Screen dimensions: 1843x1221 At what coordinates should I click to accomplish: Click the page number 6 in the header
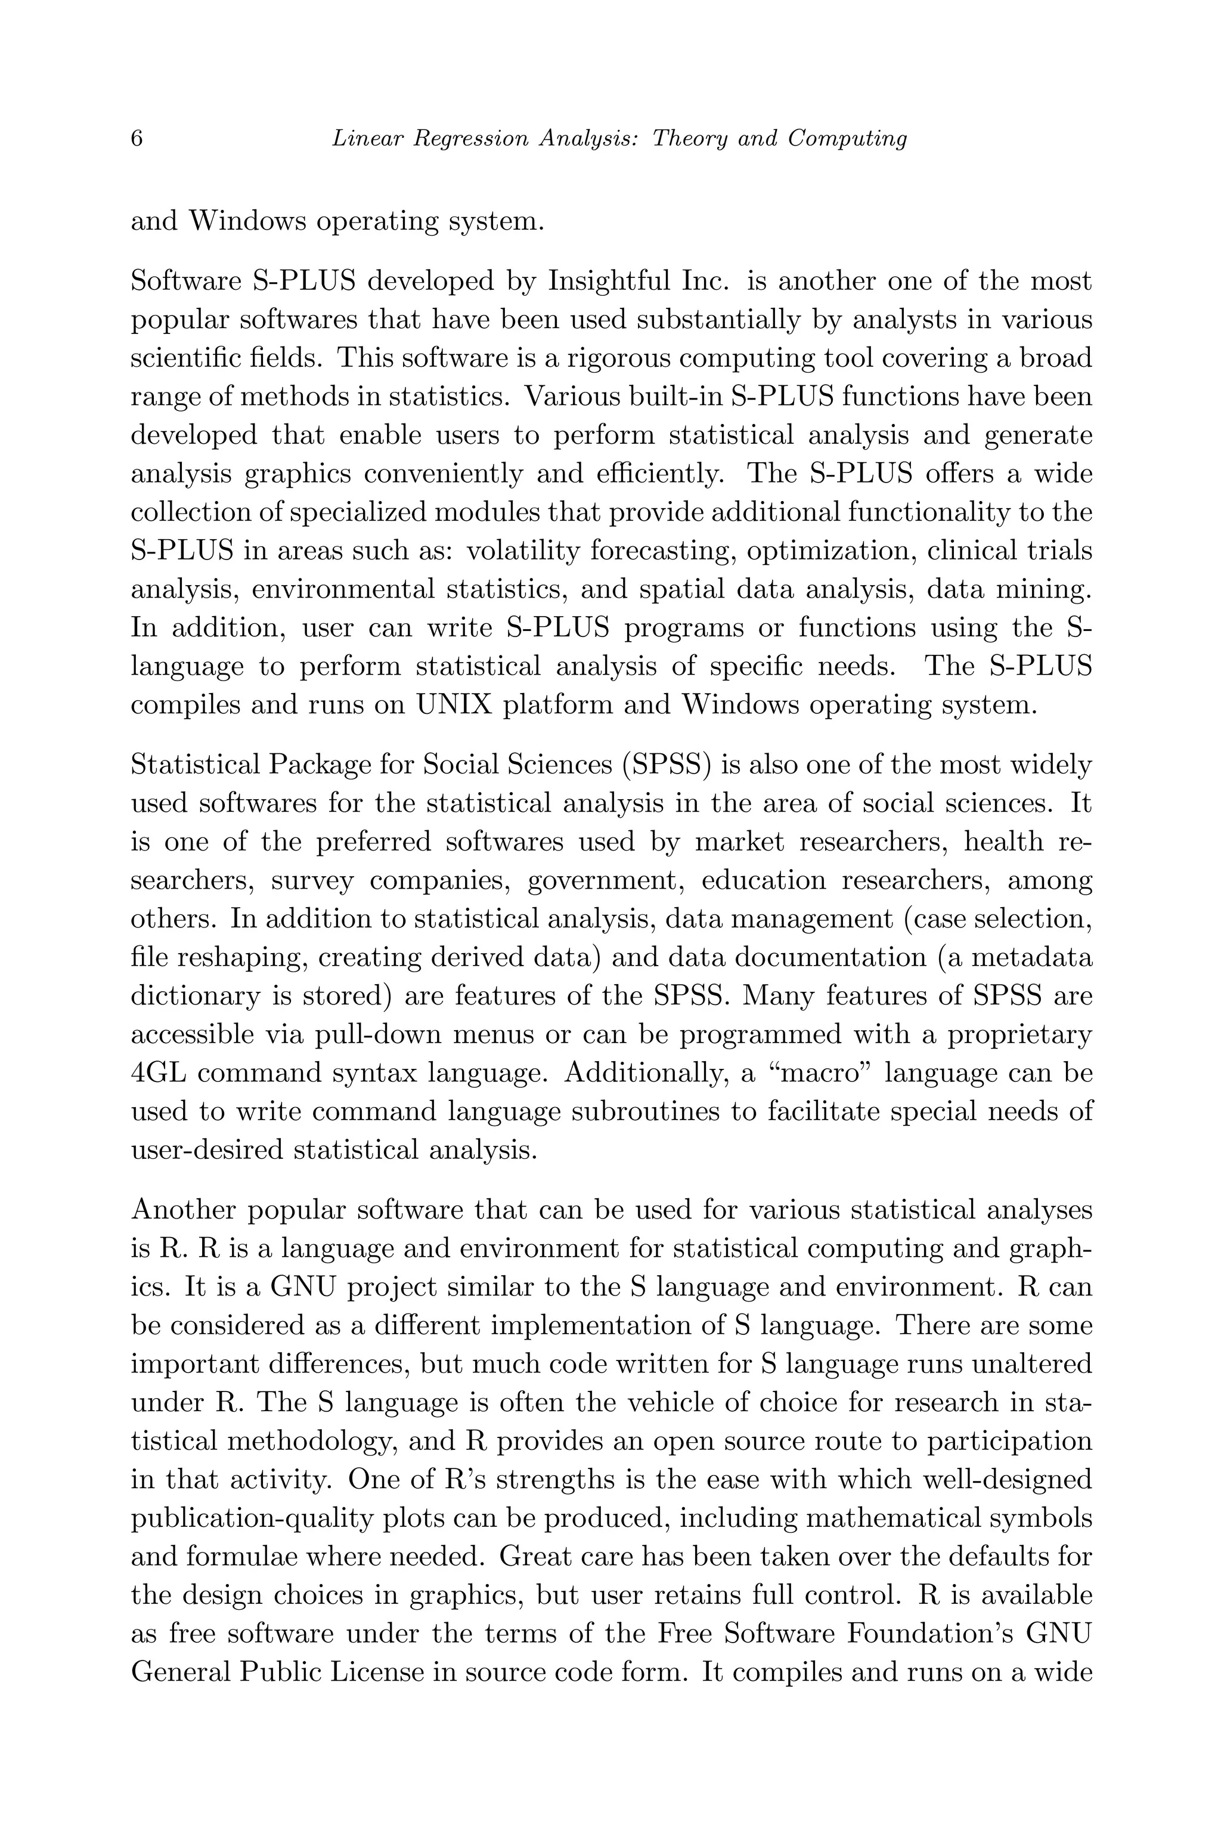pyautogui.click(x=137, y=138)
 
